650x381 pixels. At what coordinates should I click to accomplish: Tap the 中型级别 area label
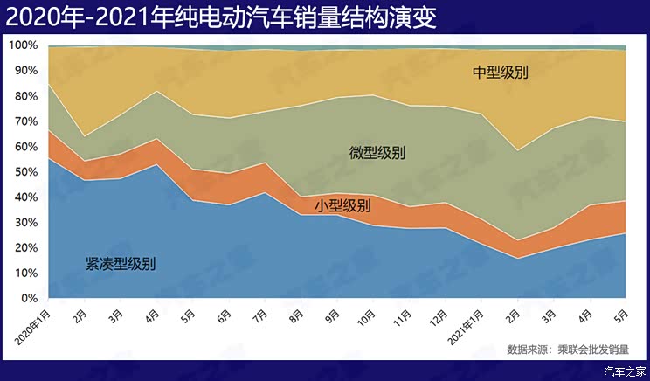501,73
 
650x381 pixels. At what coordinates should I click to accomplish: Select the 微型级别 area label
377,153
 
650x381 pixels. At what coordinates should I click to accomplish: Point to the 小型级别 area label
342,206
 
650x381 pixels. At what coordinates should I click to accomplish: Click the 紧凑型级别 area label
121,263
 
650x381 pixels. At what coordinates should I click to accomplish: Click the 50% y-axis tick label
25,171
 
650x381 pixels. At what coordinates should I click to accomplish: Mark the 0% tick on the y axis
29,298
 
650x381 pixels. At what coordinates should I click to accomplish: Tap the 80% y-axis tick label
25,95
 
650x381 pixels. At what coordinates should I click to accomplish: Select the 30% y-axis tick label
25,222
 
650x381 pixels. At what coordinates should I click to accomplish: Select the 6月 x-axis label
225,313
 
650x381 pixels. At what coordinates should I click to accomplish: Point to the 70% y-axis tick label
25,121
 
